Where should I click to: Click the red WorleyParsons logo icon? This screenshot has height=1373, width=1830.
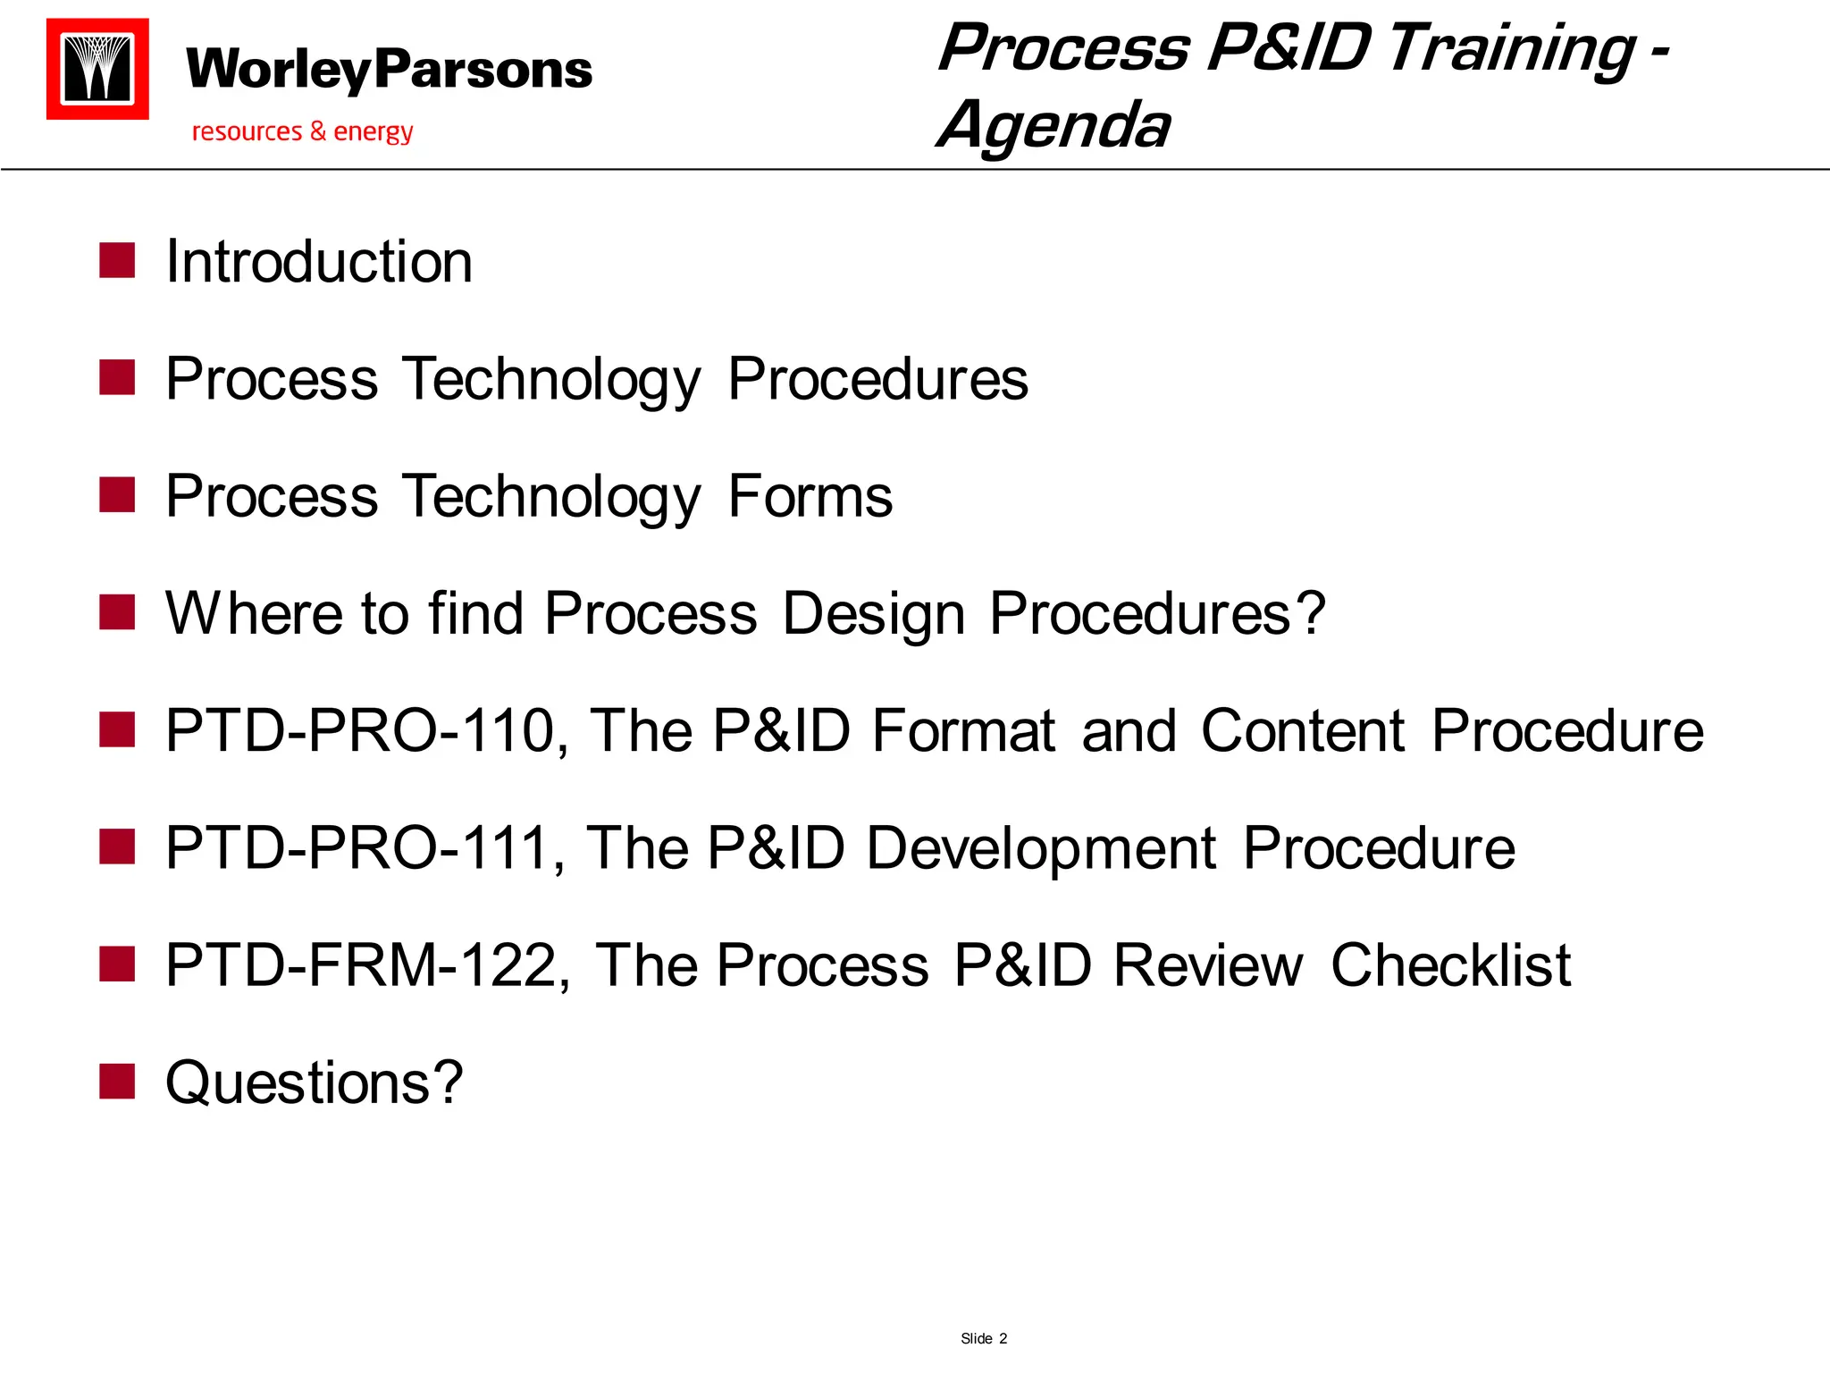97,69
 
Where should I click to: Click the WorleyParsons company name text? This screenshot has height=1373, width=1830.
389,70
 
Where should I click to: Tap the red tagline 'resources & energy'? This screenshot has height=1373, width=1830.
302,131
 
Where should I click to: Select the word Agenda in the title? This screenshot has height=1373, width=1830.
1054,125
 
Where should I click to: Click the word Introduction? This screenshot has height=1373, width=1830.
319,262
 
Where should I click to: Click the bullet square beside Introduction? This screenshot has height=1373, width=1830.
117,261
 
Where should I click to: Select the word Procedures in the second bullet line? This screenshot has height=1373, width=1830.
877,379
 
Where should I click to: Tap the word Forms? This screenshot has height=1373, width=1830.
810,496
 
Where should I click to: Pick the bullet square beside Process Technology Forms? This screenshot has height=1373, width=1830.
117,495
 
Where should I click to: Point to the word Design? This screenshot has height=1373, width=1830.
873,613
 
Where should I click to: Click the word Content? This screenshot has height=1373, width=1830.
1303,730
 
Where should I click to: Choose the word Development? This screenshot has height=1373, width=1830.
1040,847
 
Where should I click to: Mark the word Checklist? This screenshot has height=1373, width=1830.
1450,965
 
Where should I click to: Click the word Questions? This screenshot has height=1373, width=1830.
315,1082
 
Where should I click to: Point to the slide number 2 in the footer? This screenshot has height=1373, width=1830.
1003,1338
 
